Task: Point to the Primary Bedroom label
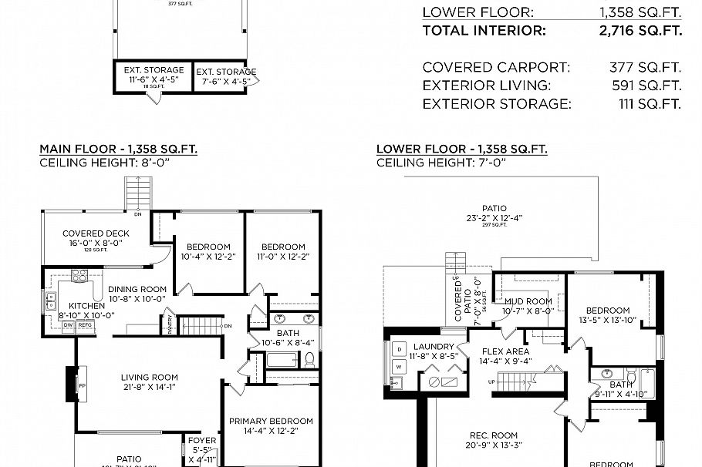pos(271,422)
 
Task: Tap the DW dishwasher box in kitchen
pos(69,325)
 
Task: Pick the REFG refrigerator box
pos(85,325)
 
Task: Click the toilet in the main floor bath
pos(309,359)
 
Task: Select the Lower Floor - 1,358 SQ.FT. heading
pos(461,149)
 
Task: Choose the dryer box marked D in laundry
pos(399,349)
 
